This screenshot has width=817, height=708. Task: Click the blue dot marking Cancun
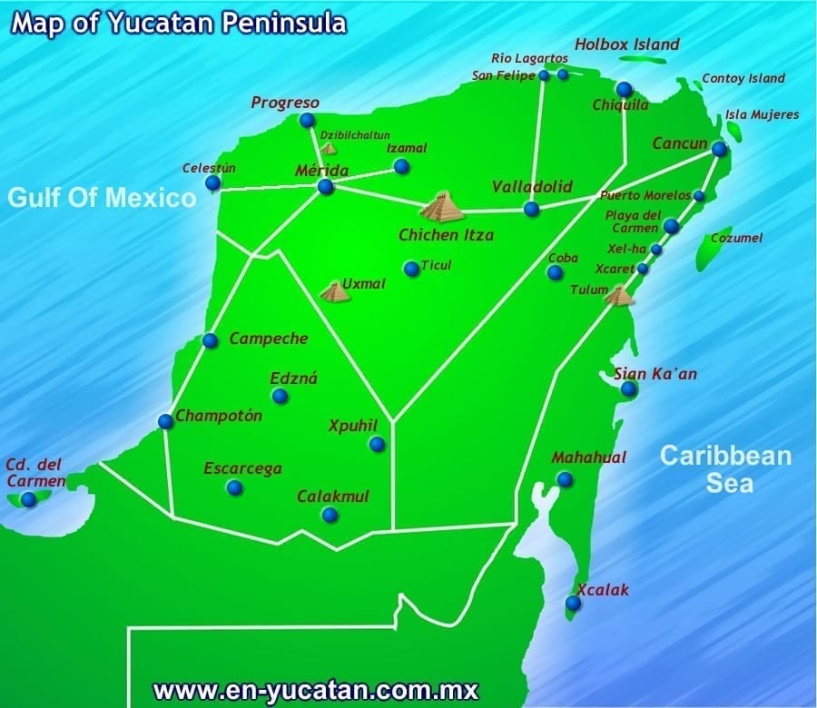tap(719, 149)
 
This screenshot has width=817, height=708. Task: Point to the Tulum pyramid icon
tap(619, 295)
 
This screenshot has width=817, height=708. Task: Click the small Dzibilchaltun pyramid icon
tap(328, 147)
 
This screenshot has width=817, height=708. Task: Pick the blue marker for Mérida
tap(325, 186)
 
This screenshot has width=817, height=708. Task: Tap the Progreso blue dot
tap(307, 120)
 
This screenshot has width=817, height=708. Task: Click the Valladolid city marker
tap(531, 209)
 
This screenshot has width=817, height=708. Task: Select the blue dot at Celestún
tap(212, 183)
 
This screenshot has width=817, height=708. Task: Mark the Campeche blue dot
tap(211, 340)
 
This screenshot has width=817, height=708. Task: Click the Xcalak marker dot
tap(573, 603)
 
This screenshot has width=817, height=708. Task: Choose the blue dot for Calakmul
tap(330, 515)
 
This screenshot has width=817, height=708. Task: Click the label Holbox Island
tap(627, 44)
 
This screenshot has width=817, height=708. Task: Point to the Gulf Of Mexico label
tap(103, 197)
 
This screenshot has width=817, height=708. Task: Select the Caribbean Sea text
tap(726, 468)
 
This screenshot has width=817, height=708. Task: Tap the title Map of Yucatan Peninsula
tap(179, 23)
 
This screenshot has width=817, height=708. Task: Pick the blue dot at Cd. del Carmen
tap(29, 498)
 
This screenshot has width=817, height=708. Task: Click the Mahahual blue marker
tap(565, 479)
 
